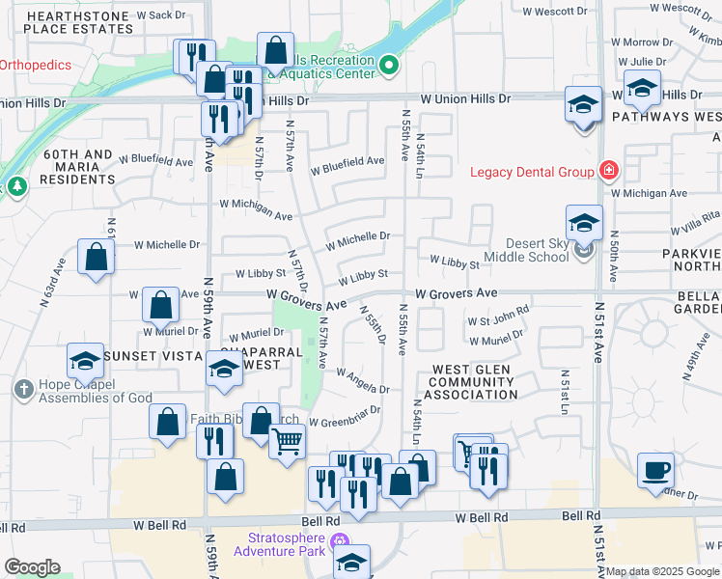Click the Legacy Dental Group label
(x=531, y=173)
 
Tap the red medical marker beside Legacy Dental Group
(x=609, y=172)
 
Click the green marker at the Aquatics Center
(x=389, y=66)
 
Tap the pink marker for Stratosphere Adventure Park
(x=338, y=540)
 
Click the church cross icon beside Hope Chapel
(x=23, y=389)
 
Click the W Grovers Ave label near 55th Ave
(x=457, y=292)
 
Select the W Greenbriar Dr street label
(x=345, y=416)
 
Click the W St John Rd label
(x=498, y=315)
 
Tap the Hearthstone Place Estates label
(x=78, y=23)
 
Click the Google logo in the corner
(x=33, y=567)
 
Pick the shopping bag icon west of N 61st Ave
(x=96, y=258)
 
